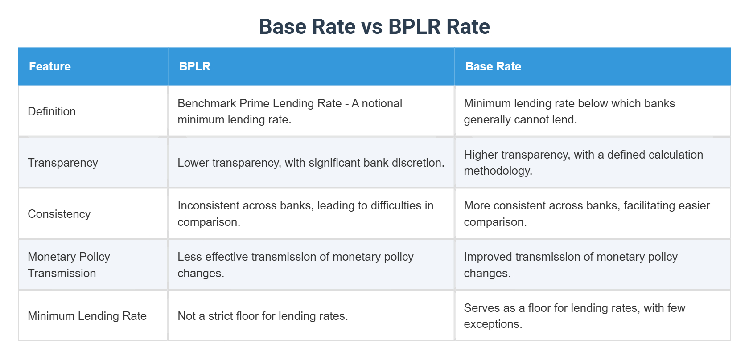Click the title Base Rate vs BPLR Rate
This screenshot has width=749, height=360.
click(374, 27)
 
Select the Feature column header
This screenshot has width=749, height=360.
click(50, 66)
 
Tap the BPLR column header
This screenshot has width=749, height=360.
click(194, 66)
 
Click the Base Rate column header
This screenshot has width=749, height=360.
click(493, 66)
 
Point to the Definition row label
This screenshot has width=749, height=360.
click(52, 111)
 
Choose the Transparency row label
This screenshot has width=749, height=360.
click(63, 163)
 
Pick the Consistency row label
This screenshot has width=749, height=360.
click(59, 214)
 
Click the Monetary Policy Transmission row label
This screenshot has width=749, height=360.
click(69, 265)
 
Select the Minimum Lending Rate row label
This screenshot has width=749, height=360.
click(87, 316)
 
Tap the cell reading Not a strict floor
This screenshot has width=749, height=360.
click(263, 316)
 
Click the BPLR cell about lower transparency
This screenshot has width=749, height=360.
click(311, 163)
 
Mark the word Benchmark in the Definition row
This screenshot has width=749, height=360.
click(207, 103)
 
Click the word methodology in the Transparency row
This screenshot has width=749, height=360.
click(497, 171)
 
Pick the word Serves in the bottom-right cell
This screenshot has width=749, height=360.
click(479, 308)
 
